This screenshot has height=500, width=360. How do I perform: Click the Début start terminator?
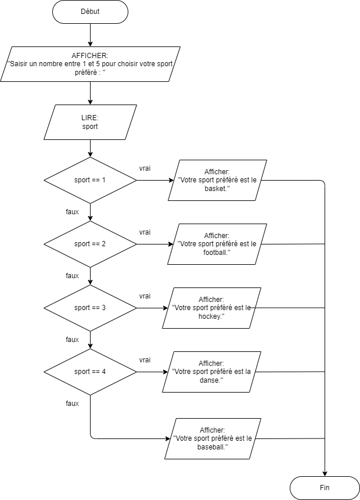coord(90,12)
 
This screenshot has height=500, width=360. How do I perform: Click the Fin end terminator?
coord(325,488)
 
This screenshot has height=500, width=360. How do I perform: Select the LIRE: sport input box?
coord(90,122)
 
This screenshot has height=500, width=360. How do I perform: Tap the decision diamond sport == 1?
coord(90,180)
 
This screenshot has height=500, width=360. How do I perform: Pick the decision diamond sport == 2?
coord(90,244)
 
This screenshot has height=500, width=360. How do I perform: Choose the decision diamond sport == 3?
coord(90,308)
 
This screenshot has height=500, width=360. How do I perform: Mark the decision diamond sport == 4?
coord(90,372)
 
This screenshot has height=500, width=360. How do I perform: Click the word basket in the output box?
coord(217,189)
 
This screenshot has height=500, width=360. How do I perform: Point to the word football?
coord(216,252)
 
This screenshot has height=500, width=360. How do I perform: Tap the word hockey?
coord(210,316)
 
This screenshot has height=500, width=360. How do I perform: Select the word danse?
coord(211,380)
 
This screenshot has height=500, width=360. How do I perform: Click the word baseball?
coord(212,447)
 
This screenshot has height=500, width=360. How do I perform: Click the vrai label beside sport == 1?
coord(145,168)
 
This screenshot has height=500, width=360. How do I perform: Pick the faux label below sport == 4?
coord(73,404)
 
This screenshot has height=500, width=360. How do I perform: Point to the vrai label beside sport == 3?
coord(145,296)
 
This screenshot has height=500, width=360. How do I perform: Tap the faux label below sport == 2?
coord(73,275)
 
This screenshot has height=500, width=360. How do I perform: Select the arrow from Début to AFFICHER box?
coord(90,35)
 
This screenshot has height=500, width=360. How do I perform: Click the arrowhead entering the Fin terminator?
coord(325,474)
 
